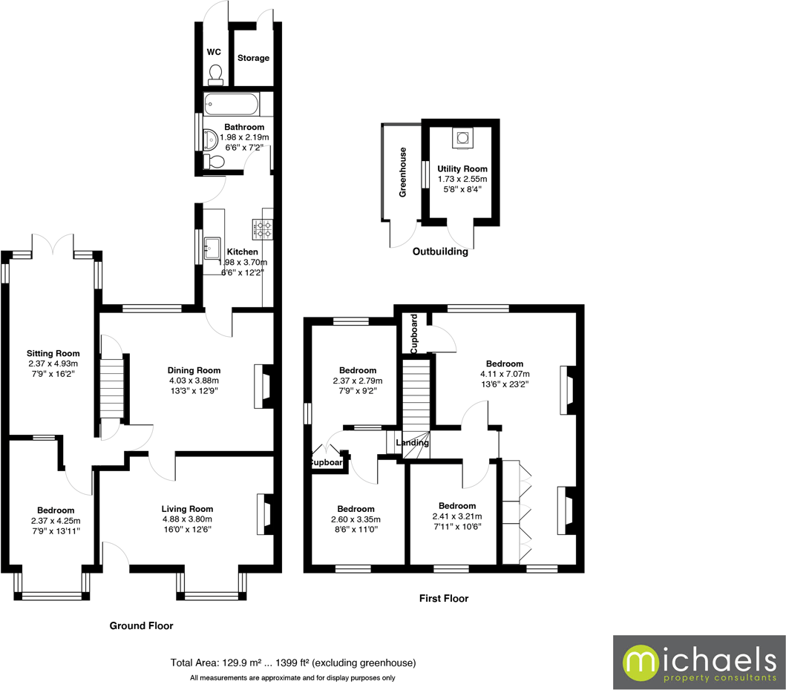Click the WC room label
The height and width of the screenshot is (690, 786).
(x=214, y=52)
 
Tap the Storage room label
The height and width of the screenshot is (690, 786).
(x=253, y=58)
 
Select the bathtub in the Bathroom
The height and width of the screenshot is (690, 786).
(x=232, y=105)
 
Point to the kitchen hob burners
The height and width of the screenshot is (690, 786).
(x=265, y=229)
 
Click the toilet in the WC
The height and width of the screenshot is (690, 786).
(x=215, y=72)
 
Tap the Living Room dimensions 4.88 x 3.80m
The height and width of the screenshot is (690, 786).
(x=187, y=519)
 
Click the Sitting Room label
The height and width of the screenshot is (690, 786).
(x=53, y=353)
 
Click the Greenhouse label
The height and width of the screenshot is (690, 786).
(x=403, y=172)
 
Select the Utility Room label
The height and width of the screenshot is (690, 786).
(x=462, y=169)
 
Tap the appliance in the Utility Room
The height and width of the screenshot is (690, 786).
(x=462, y=137)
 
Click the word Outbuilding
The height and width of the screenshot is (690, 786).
(x=440, y=252)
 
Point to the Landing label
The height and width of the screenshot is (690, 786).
(x=412, y=443)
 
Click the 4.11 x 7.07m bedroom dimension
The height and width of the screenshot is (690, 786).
(x=505, y=374)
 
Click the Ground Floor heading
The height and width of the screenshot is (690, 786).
(x=141, y=625)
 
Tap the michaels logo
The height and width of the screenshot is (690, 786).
(x=698, y=663)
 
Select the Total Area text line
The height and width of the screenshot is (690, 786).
(x=292, y=663)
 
